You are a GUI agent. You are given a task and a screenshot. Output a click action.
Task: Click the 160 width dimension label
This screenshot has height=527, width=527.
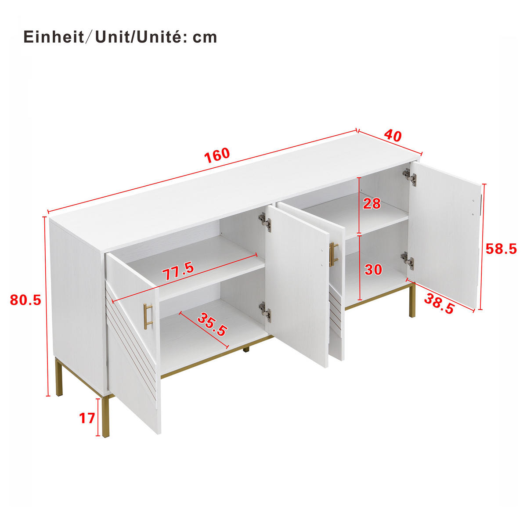(217, 154)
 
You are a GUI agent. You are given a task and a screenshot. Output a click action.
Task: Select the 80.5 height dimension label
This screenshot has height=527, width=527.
(25, 300)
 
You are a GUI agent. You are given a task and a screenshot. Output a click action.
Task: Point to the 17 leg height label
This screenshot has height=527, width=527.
(87, 418)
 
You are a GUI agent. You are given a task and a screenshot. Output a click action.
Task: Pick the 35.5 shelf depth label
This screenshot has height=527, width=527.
(212, 324)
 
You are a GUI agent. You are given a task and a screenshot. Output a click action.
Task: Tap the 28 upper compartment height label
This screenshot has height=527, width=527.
(372, 203)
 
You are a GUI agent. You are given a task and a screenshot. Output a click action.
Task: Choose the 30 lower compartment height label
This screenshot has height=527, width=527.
(373, 269)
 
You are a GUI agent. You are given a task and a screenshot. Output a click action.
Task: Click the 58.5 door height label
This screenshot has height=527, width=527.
(501, 249)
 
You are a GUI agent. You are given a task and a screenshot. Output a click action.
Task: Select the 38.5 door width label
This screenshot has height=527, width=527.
(439, 303)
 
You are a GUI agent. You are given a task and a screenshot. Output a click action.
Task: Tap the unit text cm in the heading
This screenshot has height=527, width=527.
(205, 37)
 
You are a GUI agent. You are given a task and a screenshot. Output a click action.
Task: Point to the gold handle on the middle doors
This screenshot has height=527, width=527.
(333, 254)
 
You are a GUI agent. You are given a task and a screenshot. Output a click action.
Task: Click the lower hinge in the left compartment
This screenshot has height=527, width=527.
(264, 312)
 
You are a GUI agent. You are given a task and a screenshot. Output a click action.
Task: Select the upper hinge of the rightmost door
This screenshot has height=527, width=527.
(409, 176)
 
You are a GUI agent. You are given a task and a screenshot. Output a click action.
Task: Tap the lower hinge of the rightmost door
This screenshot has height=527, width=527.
(408, 261)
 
